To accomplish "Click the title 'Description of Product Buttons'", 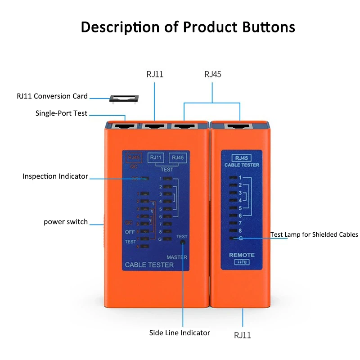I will click(188, 27).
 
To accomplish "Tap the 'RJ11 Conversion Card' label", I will click(52, 96).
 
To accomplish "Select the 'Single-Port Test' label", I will click(61, 113).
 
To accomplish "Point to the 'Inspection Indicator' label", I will click(55, 176).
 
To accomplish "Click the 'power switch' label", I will click(66, 222).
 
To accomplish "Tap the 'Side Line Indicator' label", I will click(180, 333).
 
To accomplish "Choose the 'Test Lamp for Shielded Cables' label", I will click(314, 234).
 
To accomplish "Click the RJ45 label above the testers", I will click(213, 74).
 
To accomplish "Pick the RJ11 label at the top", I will click(155, 74).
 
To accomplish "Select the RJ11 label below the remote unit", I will click(242, 335).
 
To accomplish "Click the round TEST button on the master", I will click(183, 242).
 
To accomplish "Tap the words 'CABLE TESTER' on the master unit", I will click(149, 265).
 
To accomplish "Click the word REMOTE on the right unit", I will click(242, 255).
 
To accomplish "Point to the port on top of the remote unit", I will click(240, 126).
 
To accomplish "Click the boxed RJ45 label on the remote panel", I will click(242, 158).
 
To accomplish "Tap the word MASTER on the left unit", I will click(177, 257).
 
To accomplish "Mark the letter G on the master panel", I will click(160, 238).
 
